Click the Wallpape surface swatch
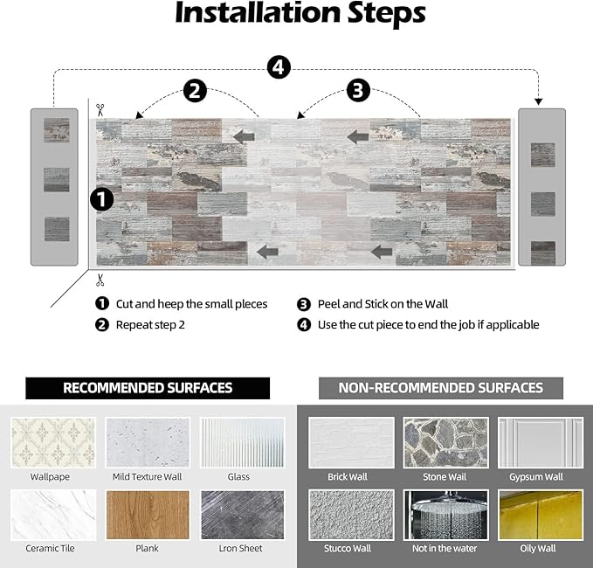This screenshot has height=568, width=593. coord(52,442)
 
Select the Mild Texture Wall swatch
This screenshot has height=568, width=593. coord(147,442)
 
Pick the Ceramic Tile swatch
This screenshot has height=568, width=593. coord(52,515)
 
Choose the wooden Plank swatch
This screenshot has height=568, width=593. coord(147,515)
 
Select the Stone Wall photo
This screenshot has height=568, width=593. coord(445,442)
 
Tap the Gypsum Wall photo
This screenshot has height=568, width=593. coord(541,442)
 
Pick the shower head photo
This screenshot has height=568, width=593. coord(445,515)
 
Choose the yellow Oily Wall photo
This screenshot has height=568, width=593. coord(541,515)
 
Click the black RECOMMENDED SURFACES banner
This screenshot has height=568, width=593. coord(147,388)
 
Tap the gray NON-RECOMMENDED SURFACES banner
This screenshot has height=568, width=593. coord(440,388)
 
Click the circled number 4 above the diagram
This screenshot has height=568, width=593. coord(279,66)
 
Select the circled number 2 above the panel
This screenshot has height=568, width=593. coord(195,90)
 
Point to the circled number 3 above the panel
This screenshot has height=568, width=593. coord(358,90)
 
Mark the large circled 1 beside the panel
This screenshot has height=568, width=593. coord(102,199)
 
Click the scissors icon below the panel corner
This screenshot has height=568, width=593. coord(100,281)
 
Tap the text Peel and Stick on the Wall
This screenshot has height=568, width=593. coord(382,304)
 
